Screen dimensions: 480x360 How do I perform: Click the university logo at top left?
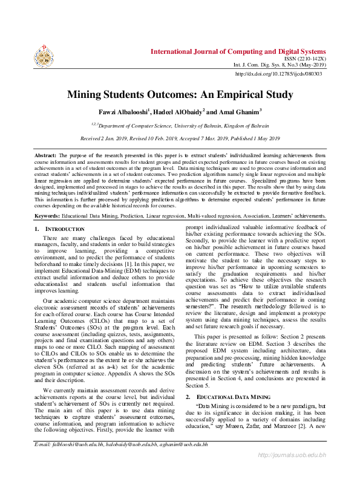click(x=44, y=56)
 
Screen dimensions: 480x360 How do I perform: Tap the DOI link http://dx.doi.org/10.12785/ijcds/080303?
click(x=278, y=74)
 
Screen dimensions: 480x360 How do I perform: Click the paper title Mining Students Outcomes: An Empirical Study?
click(x=180, y=94)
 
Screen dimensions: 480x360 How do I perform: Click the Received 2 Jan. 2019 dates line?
click(x=180, y=138)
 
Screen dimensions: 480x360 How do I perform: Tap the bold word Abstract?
click(x=46, y=155)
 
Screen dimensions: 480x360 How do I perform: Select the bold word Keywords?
click(x=47, y=215)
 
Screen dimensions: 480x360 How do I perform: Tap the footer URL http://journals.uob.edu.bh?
click(x=292, y=472)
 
